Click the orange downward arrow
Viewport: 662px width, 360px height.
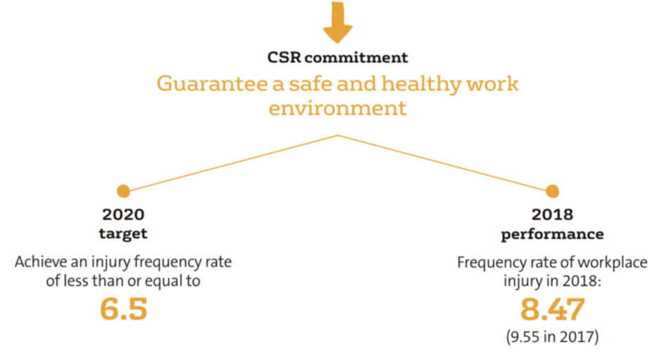338,21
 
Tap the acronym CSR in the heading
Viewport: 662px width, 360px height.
284,58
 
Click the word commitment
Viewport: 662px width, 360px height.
356,58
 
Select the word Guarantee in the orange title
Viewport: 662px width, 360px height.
213,84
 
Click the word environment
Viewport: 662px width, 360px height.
338,108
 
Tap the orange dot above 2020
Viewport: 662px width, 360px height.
123,192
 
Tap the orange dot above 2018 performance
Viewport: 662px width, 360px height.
552,192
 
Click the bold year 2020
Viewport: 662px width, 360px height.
123,215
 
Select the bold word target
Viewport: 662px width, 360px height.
123,234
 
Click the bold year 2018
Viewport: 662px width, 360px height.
552,215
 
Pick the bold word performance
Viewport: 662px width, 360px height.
552,235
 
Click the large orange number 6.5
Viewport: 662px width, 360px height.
124,309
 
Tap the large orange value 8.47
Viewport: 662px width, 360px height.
552,309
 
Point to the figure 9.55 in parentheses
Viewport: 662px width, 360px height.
525,337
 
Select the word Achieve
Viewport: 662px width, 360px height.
41,262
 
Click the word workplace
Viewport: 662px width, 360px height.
612,263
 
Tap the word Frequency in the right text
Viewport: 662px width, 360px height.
492,263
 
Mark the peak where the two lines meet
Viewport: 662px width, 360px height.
338,136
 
